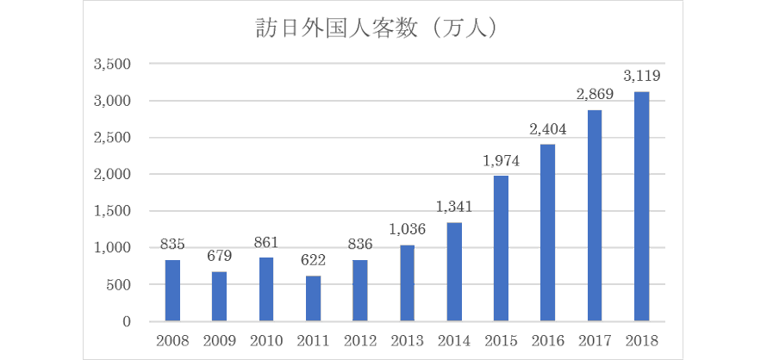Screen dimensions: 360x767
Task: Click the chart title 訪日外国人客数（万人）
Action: [383, 28]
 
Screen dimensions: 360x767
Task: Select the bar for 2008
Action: [172, 290]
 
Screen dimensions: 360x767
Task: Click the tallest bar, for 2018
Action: [641, 207]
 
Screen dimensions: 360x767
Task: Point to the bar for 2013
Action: [407, 283]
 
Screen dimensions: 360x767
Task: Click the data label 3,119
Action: [641, 77]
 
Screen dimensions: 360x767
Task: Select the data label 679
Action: [219, 257]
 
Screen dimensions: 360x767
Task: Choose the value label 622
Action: [313, 261]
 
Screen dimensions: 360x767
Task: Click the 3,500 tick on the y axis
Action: [111, 65]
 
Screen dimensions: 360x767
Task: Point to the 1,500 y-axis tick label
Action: [111, 211]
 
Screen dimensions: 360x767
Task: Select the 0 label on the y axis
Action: [126, 321]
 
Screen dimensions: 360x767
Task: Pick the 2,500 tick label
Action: [111, 138]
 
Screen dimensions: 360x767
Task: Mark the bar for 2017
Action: [595, 215]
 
